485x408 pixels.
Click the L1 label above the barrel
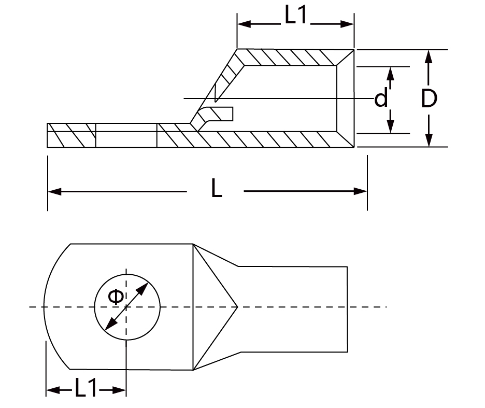295,15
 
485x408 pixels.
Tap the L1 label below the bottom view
85,388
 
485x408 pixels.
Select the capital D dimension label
429,99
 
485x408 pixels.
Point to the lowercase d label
381,97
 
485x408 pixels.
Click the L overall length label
217,189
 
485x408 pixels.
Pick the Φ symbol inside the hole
116,297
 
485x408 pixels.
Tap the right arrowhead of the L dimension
360,192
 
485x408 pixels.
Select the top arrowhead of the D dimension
429,57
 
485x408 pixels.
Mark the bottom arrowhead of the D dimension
429,140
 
